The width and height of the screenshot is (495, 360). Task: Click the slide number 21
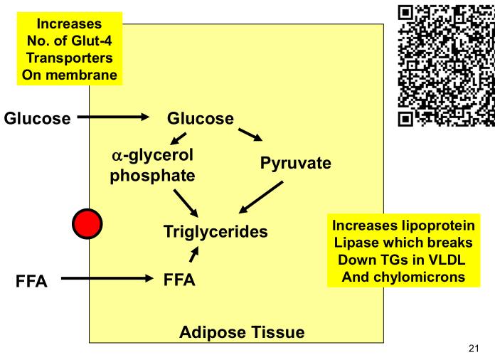click(474, 347)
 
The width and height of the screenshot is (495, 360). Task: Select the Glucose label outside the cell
click(38, 118)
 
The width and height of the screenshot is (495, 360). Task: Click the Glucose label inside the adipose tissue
click(200, 118)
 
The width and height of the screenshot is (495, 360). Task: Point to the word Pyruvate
click(296, 163)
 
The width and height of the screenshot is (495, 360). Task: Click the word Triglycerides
click(215, 231)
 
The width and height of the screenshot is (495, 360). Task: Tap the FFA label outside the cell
click(31, 281)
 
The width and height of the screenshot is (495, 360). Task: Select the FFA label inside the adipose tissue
click(179, 280)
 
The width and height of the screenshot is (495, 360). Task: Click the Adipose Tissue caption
click(242, 332)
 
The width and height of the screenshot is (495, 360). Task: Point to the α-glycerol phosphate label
click(152, 165)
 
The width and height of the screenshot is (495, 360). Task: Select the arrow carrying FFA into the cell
click(107, 279)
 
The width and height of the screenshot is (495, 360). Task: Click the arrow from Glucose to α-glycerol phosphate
click(178, 138)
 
